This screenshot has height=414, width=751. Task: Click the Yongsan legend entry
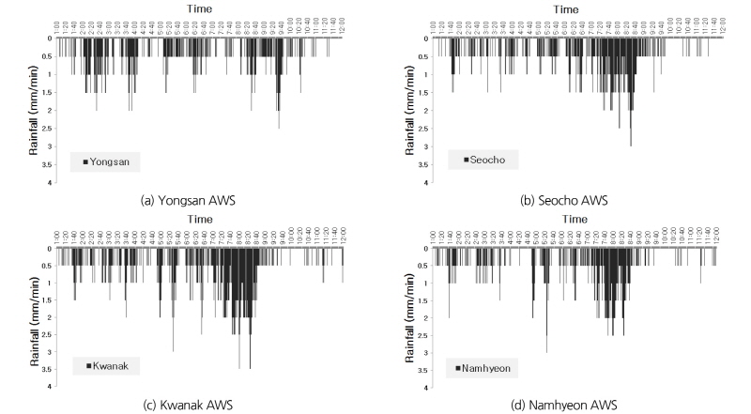(105, 161)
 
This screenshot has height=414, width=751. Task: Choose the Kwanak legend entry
(105, 365)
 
